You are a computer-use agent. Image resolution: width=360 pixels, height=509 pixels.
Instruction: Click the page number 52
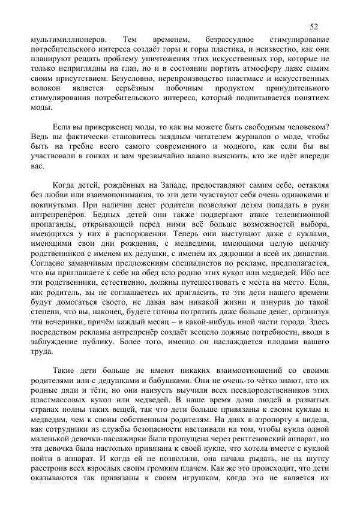click(314, 26)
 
